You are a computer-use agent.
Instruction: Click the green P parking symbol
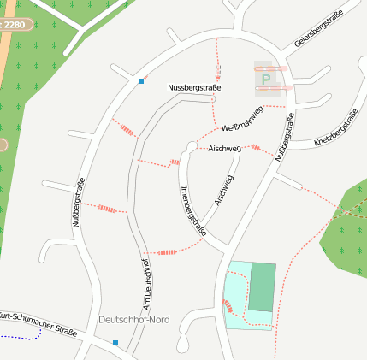266,80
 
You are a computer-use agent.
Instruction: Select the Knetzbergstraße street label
335,129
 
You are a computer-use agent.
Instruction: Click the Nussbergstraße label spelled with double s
194,88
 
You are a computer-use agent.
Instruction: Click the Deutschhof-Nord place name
134,320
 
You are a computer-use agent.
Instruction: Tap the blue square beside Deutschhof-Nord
115,343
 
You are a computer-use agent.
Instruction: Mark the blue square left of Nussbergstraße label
141,81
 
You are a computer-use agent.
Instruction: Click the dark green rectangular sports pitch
263,287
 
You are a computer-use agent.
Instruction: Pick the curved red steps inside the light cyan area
228,307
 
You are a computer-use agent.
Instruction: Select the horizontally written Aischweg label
224,149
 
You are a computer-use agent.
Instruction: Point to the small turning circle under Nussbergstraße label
213,100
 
